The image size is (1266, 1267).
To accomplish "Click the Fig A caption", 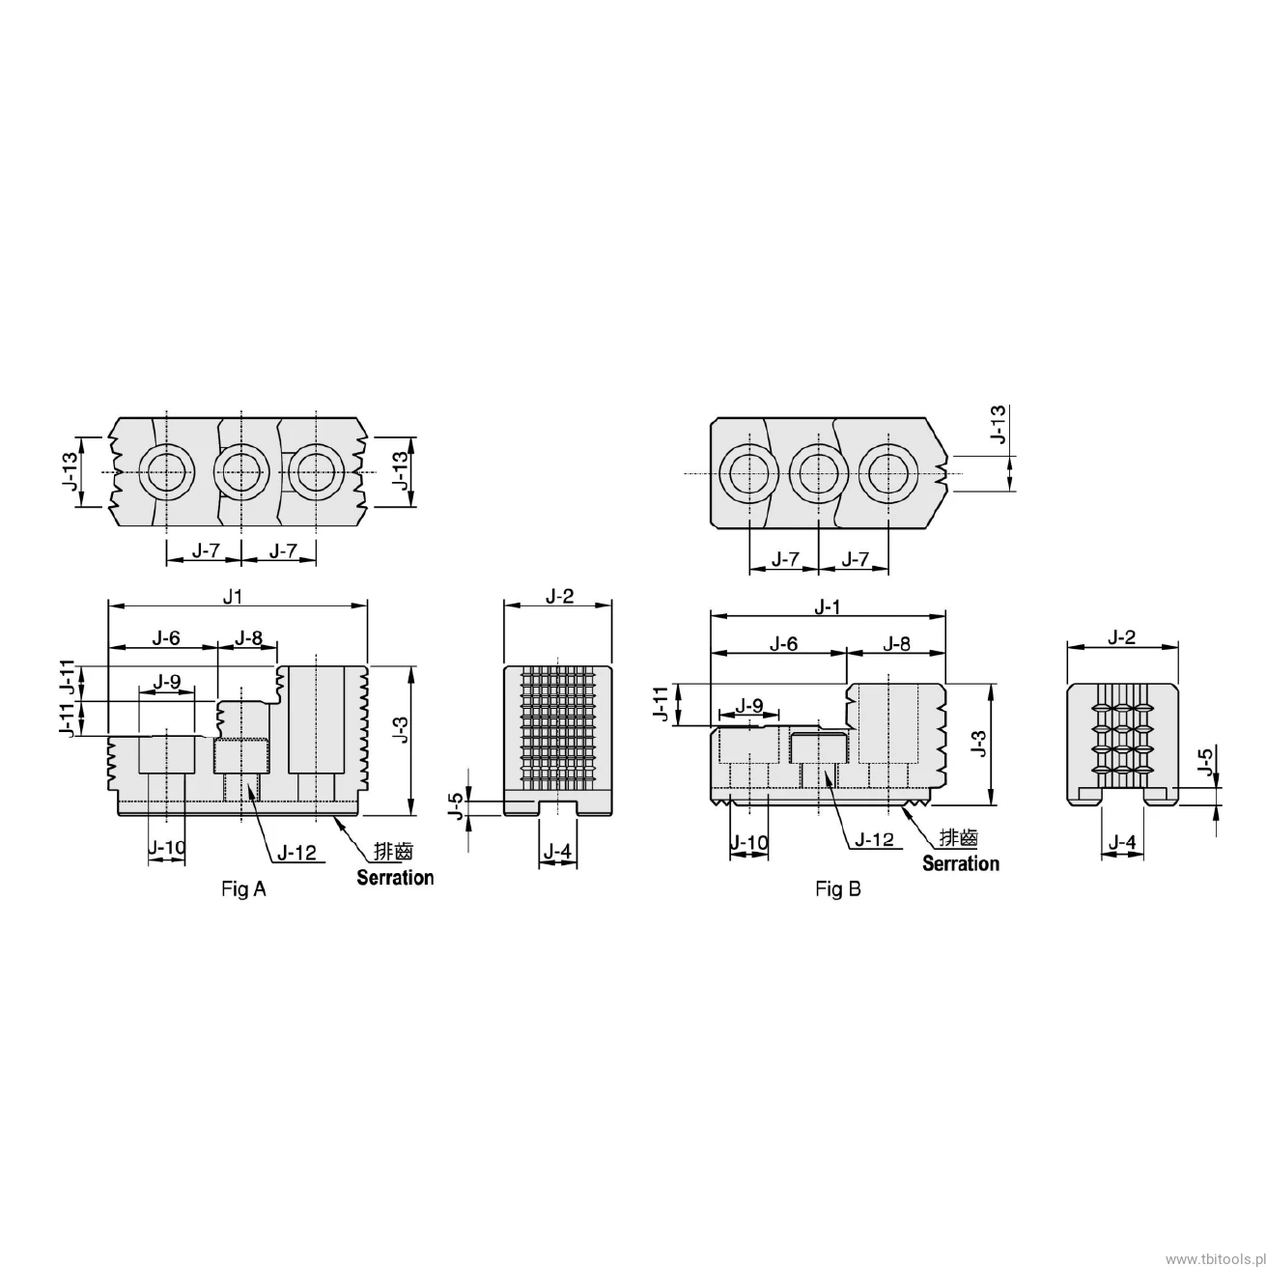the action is coord(243,889).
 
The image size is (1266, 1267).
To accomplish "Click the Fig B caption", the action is coord(837,889).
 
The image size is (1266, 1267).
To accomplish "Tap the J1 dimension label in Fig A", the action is coord(233,597).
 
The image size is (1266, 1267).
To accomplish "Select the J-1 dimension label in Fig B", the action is coord(827,606).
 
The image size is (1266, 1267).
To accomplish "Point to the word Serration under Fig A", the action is coord(395,877).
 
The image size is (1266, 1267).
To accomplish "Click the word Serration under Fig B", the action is coord(961,863).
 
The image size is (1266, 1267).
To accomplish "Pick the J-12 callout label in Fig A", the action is coord(296,853).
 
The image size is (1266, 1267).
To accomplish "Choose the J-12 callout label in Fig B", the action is coord(875,839).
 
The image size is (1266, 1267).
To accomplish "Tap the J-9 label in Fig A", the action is coord(166,682).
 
